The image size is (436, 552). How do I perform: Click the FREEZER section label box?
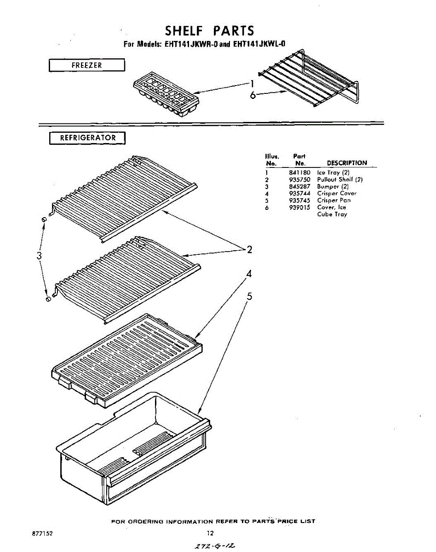click(87, 65)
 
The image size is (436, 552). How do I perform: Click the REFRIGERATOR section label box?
click(87, 138)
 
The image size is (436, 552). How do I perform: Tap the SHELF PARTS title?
click(209, 31)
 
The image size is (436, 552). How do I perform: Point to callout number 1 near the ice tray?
click(252, 83)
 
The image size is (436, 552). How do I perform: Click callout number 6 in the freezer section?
click(252, 95)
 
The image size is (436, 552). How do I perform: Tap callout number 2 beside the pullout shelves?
click(249, 250)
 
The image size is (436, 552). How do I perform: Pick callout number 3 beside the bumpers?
click(40, 255)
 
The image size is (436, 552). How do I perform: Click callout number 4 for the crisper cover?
click(249, 274)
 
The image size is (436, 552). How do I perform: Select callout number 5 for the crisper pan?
click(249, 297)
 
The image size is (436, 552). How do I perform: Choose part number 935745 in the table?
click(300, 201)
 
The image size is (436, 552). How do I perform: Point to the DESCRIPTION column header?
click(347, 163)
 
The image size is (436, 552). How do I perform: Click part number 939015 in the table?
click(300, 207)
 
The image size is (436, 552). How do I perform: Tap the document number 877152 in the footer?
click(43, 533)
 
